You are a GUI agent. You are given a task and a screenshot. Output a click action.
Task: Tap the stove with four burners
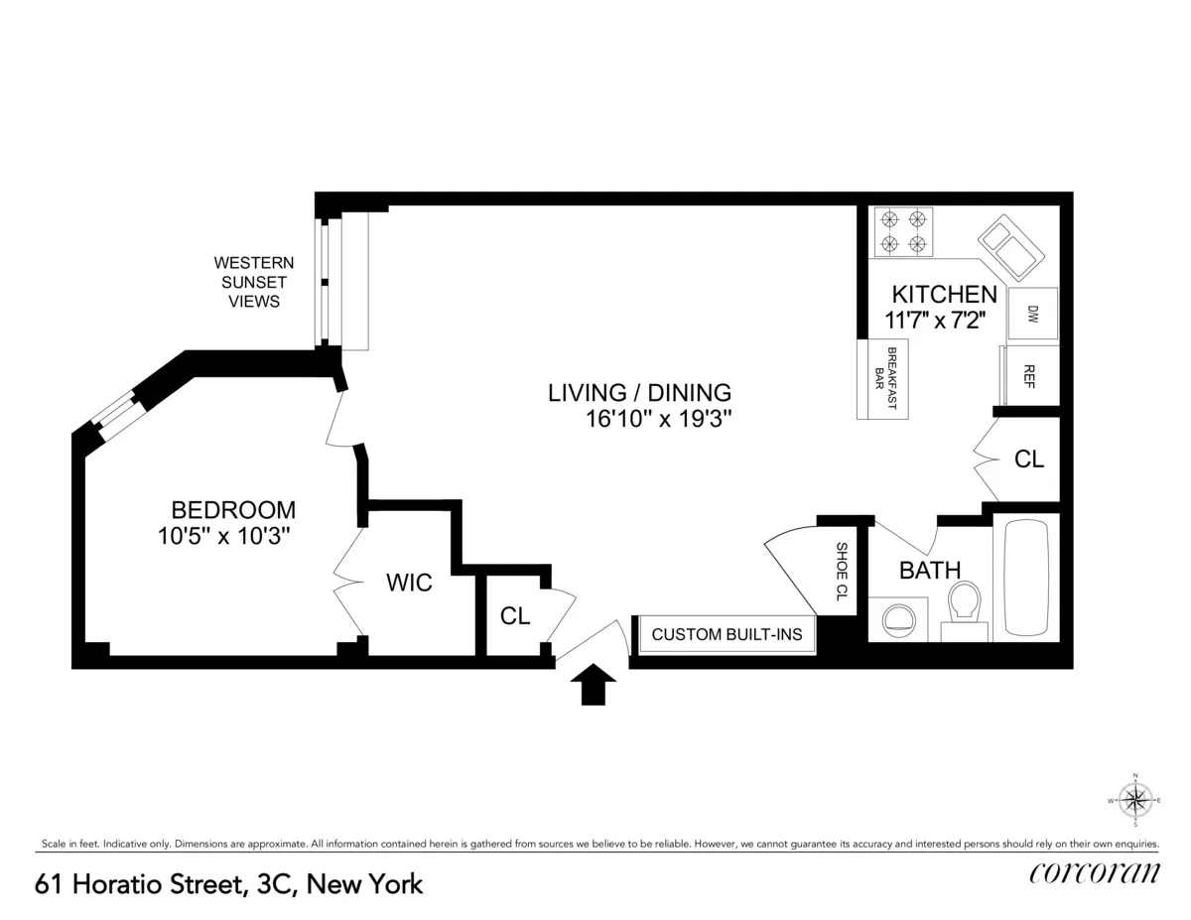[x=902, y=230]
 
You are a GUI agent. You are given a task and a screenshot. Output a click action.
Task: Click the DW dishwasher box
[x=1032, y=314]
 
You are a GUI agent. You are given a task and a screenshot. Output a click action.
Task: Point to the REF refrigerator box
[x=1030, y=376]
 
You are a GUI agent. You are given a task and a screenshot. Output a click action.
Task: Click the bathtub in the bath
[x=1032, y=578]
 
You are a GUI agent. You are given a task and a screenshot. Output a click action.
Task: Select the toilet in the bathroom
[x=964, y=608]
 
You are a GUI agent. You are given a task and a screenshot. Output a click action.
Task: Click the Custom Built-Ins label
[x=727, y=634]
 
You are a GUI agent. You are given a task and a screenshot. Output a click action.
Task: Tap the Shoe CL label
[x=841, y=573]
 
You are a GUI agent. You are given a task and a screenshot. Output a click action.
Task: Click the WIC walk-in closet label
[x=409, y=584]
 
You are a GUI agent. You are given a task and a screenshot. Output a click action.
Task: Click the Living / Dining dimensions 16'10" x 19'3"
[x=659, y=419]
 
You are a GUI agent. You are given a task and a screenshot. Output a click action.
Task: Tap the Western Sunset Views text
[x=254, y=282]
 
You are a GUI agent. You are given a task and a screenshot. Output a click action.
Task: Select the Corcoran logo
[x=1094, y=872]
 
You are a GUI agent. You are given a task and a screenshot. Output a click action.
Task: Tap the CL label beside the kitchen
[x=1028, y=460]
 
